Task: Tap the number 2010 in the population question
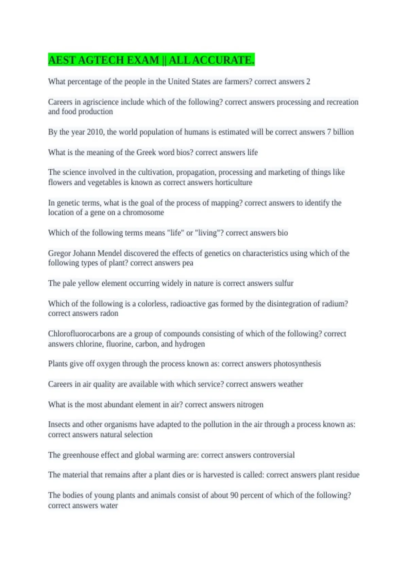coord(95,132)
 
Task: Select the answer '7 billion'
coord(340,132)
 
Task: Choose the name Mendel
coord(109,253)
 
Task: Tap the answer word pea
coord(188,263)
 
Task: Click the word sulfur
coord(284,283)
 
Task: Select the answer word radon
coord(109,313)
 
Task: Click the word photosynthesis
coord(297,364)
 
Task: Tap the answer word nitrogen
coord(250,405)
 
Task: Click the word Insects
coord(59,424)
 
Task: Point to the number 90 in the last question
coord(234,495)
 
